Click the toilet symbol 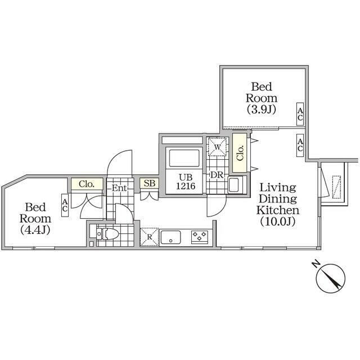pos(108,234)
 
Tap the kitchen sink pos(171,237)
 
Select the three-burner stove pos(200,237)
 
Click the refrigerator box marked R pos(149,237)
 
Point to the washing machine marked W pos(217,147)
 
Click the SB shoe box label pos(150,183)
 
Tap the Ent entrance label pos(119,188)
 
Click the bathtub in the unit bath pos(184,158)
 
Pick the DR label pos(217,175)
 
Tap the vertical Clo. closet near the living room pos(240,153)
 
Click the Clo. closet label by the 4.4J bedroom pos(87,184)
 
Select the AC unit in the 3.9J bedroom pos(300,114)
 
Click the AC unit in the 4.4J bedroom pos(65,205)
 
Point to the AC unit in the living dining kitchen pos(300,145)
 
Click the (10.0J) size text pos(277,221)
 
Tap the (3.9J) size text pos(261,110)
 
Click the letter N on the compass pos(316,264)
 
